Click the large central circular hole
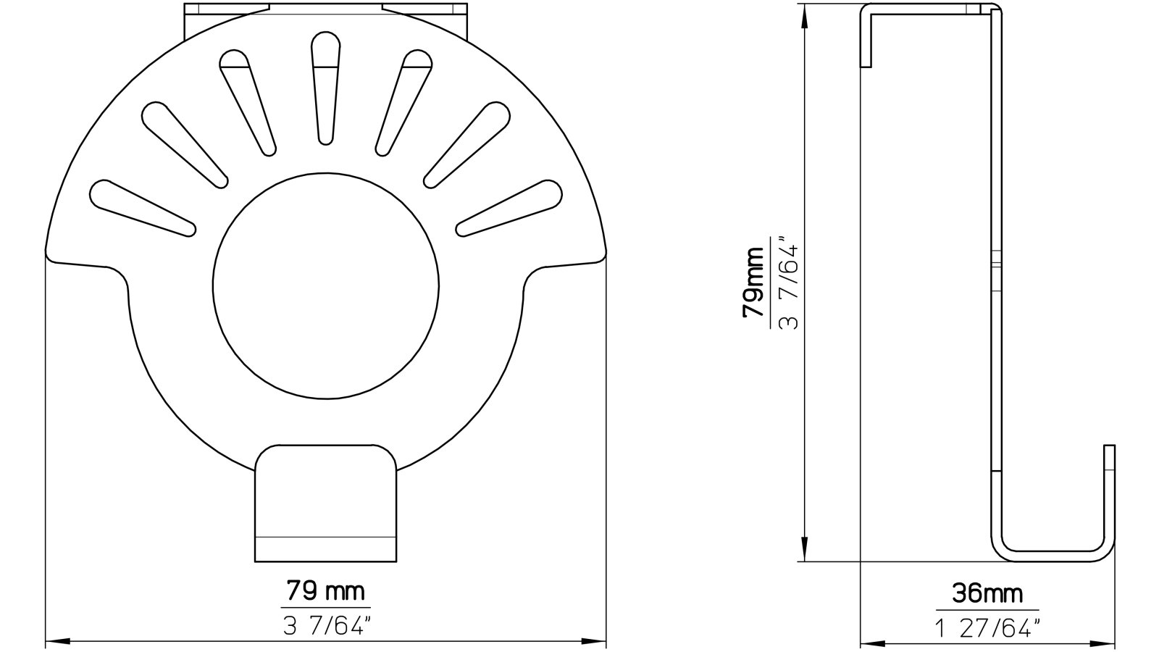pyautogui.click(x=326, y=285)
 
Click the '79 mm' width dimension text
pyautogui.click(x=325, y=591)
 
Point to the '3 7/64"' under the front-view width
pyautogui.click(x=325, y=626)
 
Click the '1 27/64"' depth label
pyautogui.click(x=987, y=627)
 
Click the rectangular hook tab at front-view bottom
pyautogui.click(x=326, y=507)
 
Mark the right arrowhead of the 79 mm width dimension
pyautogui.click(x=596, y=642)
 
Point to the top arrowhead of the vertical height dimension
pyautogui.click(x=804, y=16)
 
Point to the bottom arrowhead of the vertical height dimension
pyautogui.click(x=804, y=551)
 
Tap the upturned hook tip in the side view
pyautogui.click(x=1109, y=464)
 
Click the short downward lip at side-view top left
pyautogui.click(x=866, y=43)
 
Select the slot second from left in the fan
pyautogui.click(x=184, y=142)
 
